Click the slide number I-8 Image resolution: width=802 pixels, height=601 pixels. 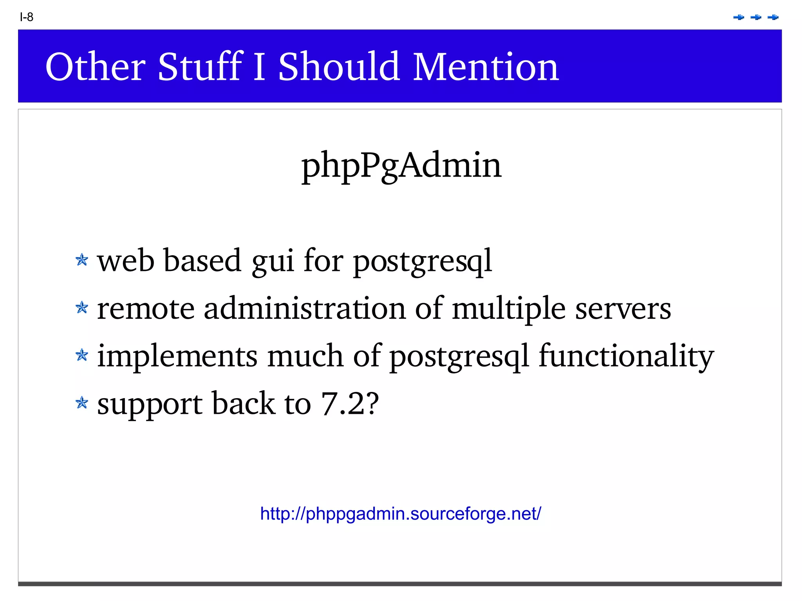point(27,17)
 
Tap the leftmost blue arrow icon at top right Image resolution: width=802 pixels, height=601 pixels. point(738,17)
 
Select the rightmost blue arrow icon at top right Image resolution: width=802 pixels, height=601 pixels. point(773,17)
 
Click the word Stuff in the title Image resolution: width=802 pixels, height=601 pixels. point(200,67)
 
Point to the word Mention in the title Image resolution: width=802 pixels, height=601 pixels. point(486,67)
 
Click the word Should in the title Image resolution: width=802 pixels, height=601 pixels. point(339,67)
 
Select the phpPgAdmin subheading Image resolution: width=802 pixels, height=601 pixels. point(401,166)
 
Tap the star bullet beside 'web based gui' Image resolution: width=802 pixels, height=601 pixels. point(82,260)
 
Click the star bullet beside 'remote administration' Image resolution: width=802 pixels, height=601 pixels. point(82,307)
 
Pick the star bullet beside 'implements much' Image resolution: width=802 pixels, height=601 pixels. point(82,355)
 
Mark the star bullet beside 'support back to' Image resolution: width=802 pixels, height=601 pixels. point(82,402)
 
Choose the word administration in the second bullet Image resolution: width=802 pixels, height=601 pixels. point(305,309)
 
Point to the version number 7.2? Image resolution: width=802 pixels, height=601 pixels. point(350,404)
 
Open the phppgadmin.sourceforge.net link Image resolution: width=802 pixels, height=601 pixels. point(401,514)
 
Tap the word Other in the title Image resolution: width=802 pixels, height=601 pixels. point(96,67)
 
